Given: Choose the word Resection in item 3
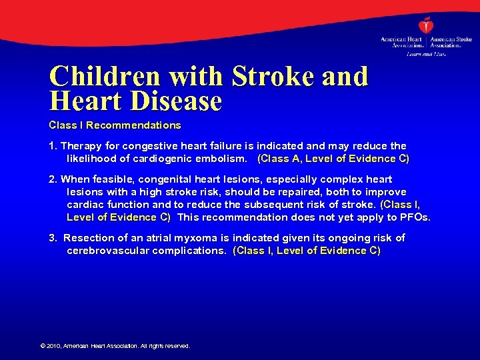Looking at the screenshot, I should pos(88,238).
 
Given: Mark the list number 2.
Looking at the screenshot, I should pos(53,179).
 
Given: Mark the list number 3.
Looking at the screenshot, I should pos(53,238).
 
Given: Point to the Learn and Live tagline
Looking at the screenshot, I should pos(426,54).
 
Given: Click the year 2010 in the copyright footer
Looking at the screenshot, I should pos(53,346).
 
